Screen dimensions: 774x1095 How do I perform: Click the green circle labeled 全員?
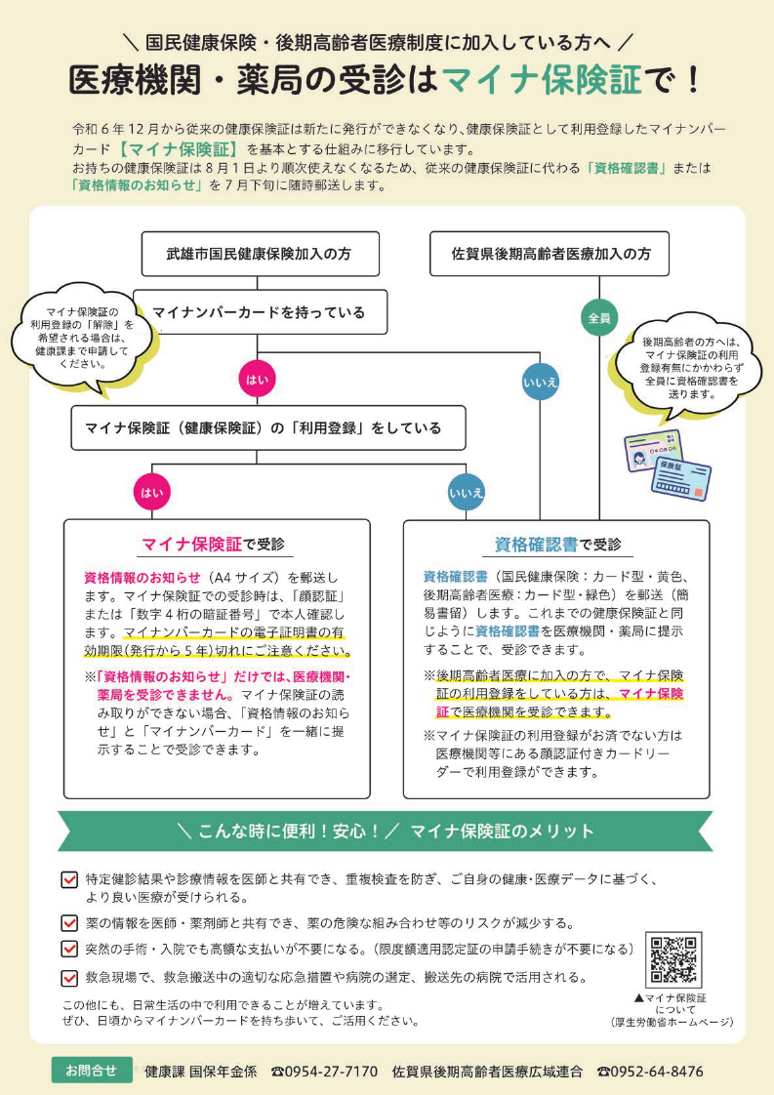(x=599, y=318)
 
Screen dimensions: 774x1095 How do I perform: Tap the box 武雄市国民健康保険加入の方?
(x=260, y=254)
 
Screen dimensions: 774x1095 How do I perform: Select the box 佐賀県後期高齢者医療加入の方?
(x=550, y=254)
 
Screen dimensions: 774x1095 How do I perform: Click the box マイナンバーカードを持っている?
(x=260, y=312)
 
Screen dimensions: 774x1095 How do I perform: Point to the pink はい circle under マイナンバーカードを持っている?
(x=257, y=380)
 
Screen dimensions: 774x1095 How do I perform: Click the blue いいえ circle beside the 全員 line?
(x=541, y=382)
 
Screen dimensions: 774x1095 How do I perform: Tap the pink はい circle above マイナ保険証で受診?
(x=152, y=492)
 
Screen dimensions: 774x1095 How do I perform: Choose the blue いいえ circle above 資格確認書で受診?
(x=466, y=492)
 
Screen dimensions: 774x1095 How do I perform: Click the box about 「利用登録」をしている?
(x=268, y=427)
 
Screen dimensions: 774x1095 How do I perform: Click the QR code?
(x=673, y=960)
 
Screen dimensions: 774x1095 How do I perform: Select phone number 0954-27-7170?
(x=324, y=1072)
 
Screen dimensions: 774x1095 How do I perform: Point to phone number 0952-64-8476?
(x=650, y=1072)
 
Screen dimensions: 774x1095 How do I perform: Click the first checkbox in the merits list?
(x=69, y=879)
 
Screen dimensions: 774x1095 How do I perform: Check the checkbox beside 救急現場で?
(x=69, y=978)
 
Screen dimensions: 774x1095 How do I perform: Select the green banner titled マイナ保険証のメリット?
(x=386, y=831)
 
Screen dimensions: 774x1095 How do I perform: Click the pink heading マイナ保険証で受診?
(x=213, y=544)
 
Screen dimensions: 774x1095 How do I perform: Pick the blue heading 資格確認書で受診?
(x=557, y=544)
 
